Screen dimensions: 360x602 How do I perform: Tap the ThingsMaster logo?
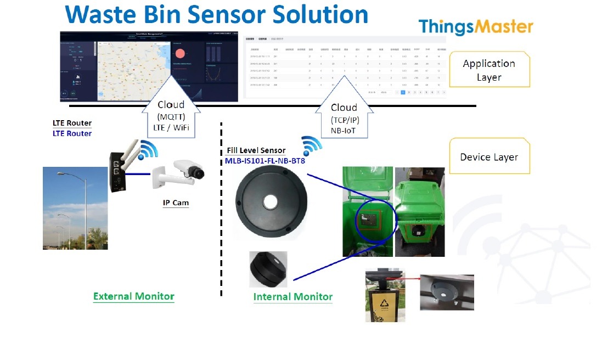pos(475,27)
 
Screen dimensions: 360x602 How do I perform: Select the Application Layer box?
pos(489,70)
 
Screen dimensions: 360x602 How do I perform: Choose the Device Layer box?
pos(489,157)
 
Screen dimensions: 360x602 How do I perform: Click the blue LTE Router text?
pos(72,133)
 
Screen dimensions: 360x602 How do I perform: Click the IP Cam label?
pos(176,203)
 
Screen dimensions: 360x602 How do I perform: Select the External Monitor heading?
pos(133,296)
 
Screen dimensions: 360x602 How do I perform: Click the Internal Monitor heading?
pos(293,297)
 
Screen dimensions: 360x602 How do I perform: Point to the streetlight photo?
pos(75,208)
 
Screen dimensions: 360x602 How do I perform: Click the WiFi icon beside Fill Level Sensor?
pos(312,145)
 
